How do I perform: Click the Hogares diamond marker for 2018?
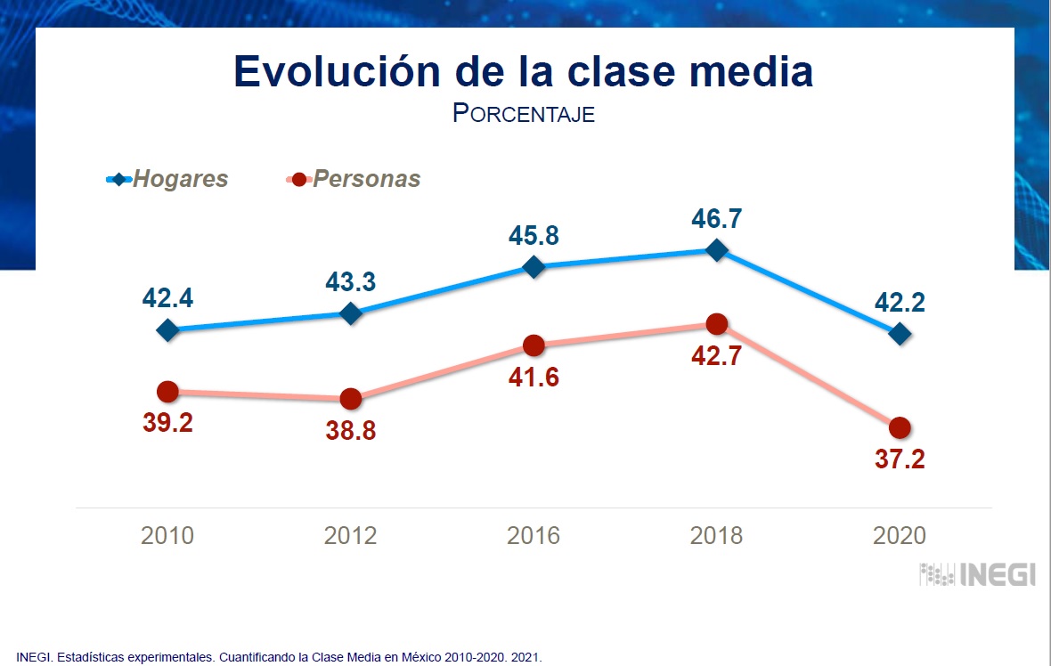(716, 250)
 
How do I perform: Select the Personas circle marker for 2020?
(900, 427)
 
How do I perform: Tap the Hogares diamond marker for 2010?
(167, 330)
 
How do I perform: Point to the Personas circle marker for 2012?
(351, 399)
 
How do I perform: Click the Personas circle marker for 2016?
(534, 345)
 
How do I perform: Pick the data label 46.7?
(716, 218)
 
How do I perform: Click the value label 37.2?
(900, 459)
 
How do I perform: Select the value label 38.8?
(351, 431)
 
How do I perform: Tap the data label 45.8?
(534, 235)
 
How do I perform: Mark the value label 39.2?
(167, 423)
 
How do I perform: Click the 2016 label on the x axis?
(534, 536)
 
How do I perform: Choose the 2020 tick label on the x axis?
(900, 536)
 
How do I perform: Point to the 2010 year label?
(167, 536)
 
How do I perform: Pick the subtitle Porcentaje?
(524, 114)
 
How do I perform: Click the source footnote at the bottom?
(279, 657)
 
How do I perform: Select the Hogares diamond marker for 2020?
(900, 334)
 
